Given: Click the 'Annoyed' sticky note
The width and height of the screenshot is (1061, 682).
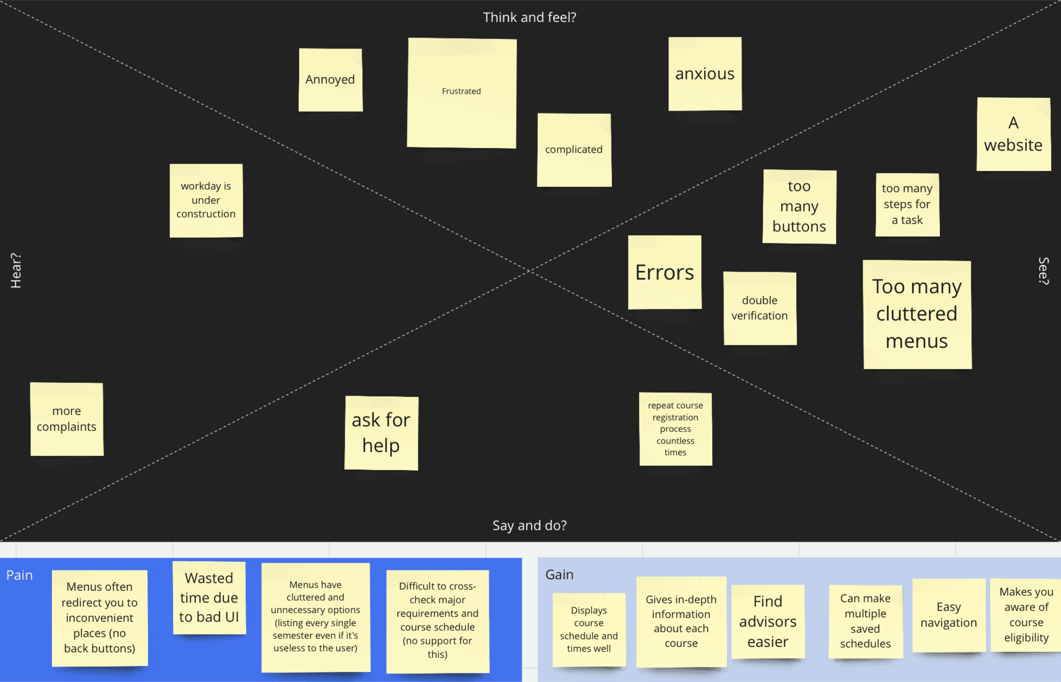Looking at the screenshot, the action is click(x=330, y=80).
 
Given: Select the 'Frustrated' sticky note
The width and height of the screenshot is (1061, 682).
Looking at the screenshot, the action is click(x=461, y=93).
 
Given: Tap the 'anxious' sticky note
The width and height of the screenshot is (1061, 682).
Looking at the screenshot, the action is click(x=704, y=74).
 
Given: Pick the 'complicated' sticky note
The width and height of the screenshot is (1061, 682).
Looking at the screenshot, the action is click(x=574, y=150).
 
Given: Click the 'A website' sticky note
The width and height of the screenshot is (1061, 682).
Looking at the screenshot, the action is click(x=1013, y=134).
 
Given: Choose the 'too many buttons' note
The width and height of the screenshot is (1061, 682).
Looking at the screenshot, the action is click(x=799, y=206).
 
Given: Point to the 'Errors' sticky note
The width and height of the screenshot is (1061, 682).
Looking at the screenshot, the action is click(x=664, y=272).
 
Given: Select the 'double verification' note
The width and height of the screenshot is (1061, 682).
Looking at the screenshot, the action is click(x=759, y=308).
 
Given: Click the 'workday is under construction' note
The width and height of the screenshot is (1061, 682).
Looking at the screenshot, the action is click(x=206, y=200).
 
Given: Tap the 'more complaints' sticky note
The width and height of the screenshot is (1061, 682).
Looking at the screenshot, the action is click(x=67, y=419).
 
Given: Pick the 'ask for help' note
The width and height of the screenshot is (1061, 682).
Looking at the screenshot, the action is click(x=381, y=433).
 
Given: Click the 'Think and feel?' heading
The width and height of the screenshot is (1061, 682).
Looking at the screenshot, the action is click(x=530, y=17).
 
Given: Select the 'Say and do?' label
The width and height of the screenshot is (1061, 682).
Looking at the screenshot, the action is click(x=530, y=525).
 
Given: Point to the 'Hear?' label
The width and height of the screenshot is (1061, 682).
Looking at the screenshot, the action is click(x=16, y=270).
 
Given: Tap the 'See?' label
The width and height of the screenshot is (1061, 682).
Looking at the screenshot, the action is click(x=1044, y=270).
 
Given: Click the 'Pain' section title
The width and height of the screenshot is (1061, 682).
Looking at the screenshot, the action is click(x=19, y=575).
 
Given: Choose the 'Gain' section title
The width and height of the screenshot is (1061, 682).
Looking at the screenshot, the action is click(x=559, y=574).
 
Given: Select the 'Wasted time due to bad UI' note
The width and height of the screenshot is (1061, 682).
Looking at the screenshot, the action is click(x=209, y=598).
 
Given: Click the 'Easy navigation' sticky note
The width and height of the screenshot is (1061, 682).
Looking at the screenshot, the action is click(x=948, y=614).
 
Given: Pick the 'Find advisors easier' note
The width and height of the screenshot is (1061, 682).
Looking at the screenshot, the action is click(x=768, y=621).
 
